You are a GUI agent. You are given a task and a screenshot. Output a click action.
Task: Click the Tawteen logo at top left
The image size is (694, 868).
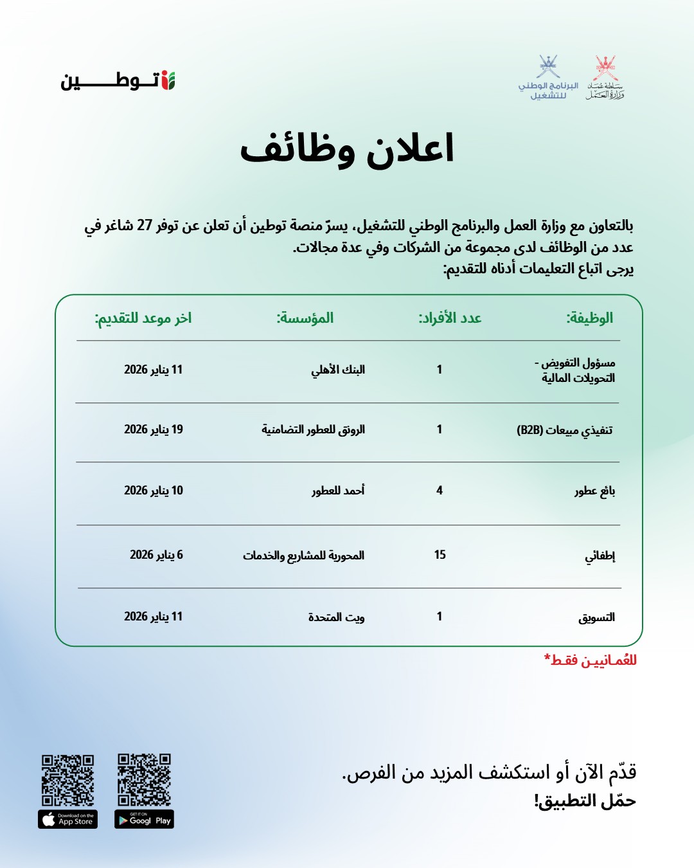tap(118, 80)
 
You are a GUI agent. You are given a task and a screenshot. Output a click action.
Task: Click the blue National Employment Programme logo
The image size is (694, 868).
tap(548, 78)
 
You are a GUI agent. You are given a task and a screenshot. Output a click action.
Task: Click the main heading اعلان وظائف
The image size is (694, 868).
tap(347, 149)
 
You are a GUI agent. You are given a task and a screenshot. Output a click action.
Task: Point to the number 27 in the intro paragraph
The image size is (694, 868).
tap(145, 226)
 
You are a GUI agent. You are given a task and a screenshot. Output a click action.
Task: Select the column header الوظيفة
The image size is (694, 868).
tap(589, 318)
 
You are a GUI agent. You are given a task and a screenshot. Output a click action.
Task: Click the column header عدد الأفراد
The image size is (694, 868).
tap(450, 318)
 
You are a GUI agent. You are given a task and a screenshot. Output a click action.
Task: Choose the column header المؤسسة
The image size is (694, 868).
tap(305, 318)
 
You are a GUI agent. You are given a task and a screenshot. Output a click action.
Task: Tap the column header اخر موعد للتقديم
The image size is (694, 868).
tap(143, 318)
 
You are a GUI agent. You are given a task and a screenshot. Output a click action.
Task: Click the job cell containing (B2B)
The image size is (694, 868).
tap(565, 429)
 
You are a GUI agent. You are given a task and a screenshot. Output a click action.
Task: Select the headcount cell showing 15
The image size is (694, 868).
tap(440, 555)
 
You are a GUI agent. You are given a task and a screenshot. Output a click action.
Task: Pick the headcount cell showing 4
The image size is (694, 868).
tap(440, 491)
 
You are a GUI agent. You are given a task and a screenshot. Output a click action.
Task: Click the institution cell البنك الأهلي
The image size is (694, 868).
tap(338, 370)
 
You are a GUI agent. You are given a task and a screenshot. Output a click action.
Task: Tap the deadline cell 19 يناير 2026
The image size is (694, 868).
tap(154, 429)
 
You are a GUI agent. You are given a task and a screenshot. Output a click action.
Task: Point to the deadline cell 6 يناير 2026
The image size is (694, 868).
tap(156, 555)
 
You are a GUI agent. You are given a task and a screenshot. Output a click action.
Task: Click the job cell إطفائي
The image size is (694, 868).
tap(600, 556)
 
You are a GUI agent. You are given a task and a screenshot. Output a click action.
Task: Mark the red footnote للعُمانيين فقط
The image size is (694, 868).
tap(591, 660)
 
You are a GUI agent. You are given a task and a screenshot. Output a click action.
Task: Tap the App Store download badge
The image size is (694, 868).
tap(68, 820)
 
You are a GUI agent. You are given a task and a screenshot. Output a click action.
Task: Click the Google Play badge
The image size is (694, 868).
tap(145, 820)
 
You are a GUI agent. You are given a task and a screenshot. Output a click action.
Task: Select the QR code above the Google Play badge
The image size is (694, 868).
tap(145, 780)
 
